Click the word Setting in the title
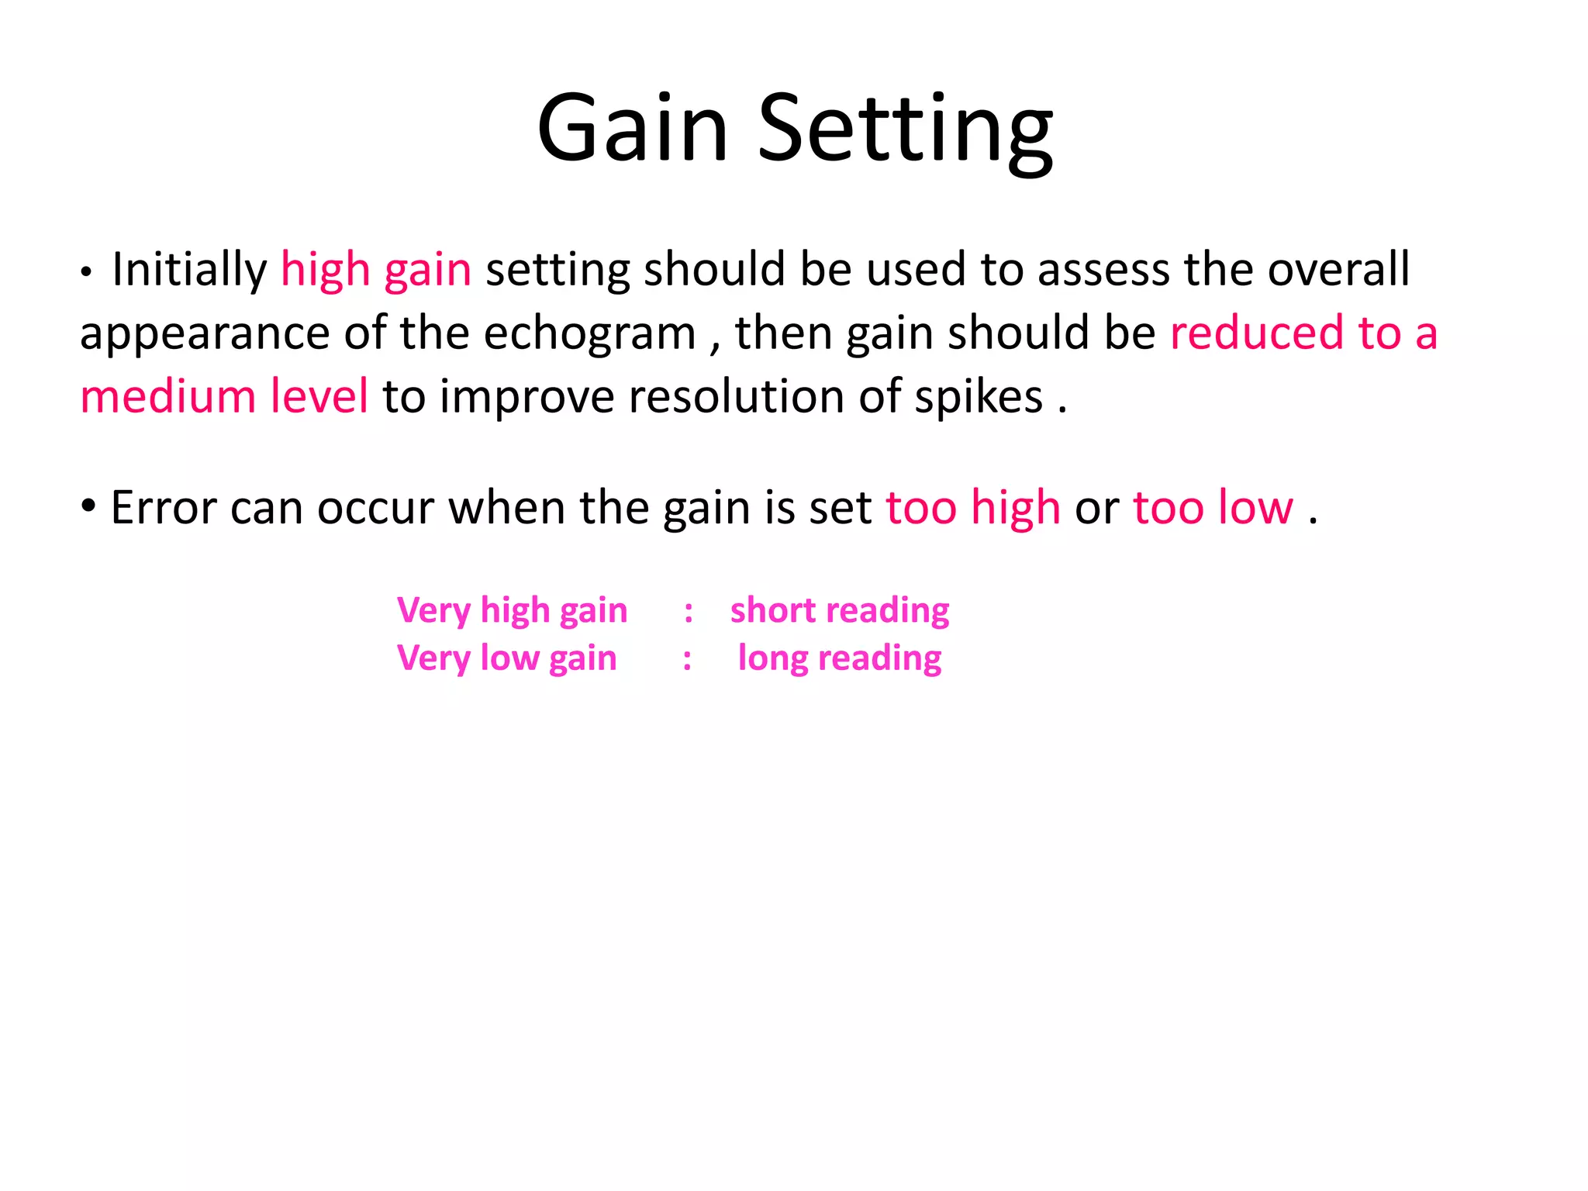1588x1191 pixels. click(x=905, y=129)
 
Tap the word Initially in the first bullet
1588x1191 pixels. click(x=189, y=270)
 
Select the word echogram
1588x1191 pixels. click(x=590, y=335)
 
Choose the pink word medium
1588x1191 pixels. click(x=167, y=397)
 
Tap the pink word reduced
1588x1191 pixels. click(x=1257, y=333)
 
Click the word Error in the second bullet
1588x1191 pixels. click(x=163, y=509)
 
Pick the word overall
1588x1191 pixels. click(x=1338, y=270)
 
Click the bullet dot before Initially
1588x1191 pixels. click(x=87, y=273)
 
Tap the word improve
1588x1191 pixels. click(x=528, y=399)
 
